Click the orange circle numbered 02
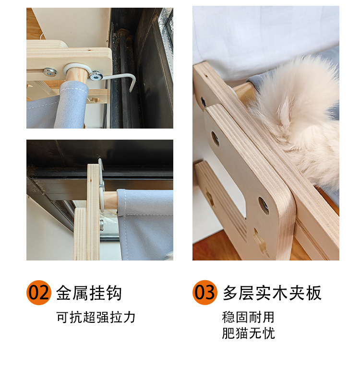[x=38, y=292]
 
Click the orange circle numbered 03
[x=205, y=292]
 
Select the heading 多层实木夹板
[x=272, y=293]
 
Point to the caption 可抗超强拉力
[x=96, y=317]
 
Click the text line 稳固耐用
[x=248, y=317]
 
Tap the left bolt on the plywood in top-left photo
[x=49, y=72]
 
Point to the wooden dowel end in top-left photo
[x=77, y=74]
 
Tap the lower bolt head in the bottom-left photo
[x=102, y=224]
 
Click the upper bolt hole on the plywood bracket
[x=215, y=139]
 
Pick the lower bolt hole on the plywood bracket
[x=264, y=205]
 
